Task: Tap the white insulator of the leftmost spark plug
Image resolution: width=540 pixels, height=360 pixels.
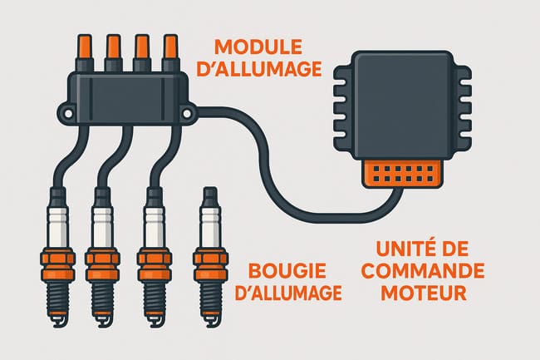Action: click(56, 228)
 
